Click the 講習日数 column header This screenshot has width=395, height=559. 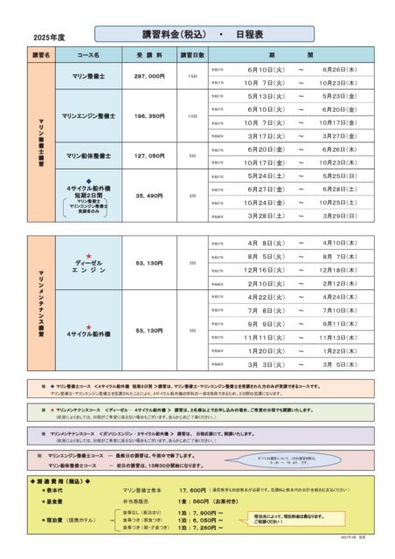192,54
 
